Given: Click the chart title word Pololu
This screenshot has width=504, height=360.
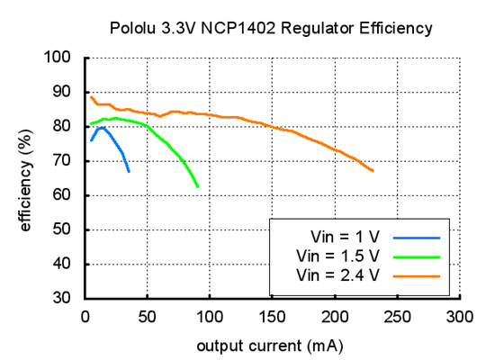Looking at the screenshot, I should pos(134,29).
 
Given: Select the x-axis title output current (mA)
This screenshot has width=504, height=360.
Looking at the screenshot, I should pos(272,345).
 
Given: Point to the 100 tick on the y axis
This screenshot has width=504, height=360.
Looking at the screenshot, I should pos(59,58).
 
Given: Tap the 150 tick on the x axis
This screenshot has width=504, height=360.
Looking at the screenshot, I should pos(272,316).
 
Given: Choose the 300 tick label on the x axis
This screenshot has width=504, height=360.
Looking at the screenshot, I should pos(460,316).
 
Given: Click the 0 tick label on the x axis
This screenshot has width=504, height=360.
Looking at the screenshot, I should pos(85,316).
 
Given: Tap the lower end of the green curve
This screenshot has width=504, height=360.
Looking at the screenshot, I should pos(198,186).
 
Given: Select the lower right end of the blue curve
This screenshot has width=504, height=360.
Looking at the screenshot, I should pos(129,171).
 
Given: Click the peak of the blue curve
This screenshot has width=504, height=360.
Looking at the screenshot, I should pos(102,128).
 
